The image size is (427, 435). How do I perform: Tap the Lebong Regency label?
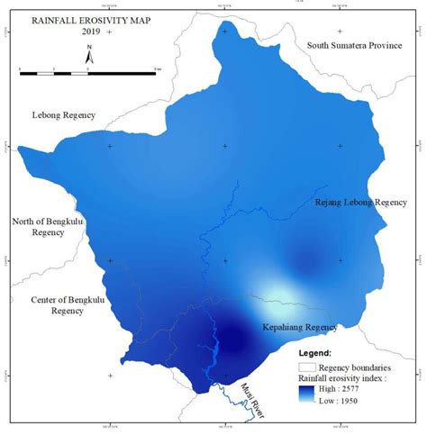[62, 116]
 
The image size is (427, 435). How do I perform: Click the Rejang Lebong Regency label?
[360, 202]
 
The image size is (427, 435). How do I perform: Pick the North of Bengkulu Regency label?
[47, 226]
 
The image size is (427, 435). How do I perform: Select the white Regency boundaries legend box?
[306, 367]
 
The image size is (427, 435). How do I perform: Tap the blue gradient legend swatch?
[306, 392]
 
